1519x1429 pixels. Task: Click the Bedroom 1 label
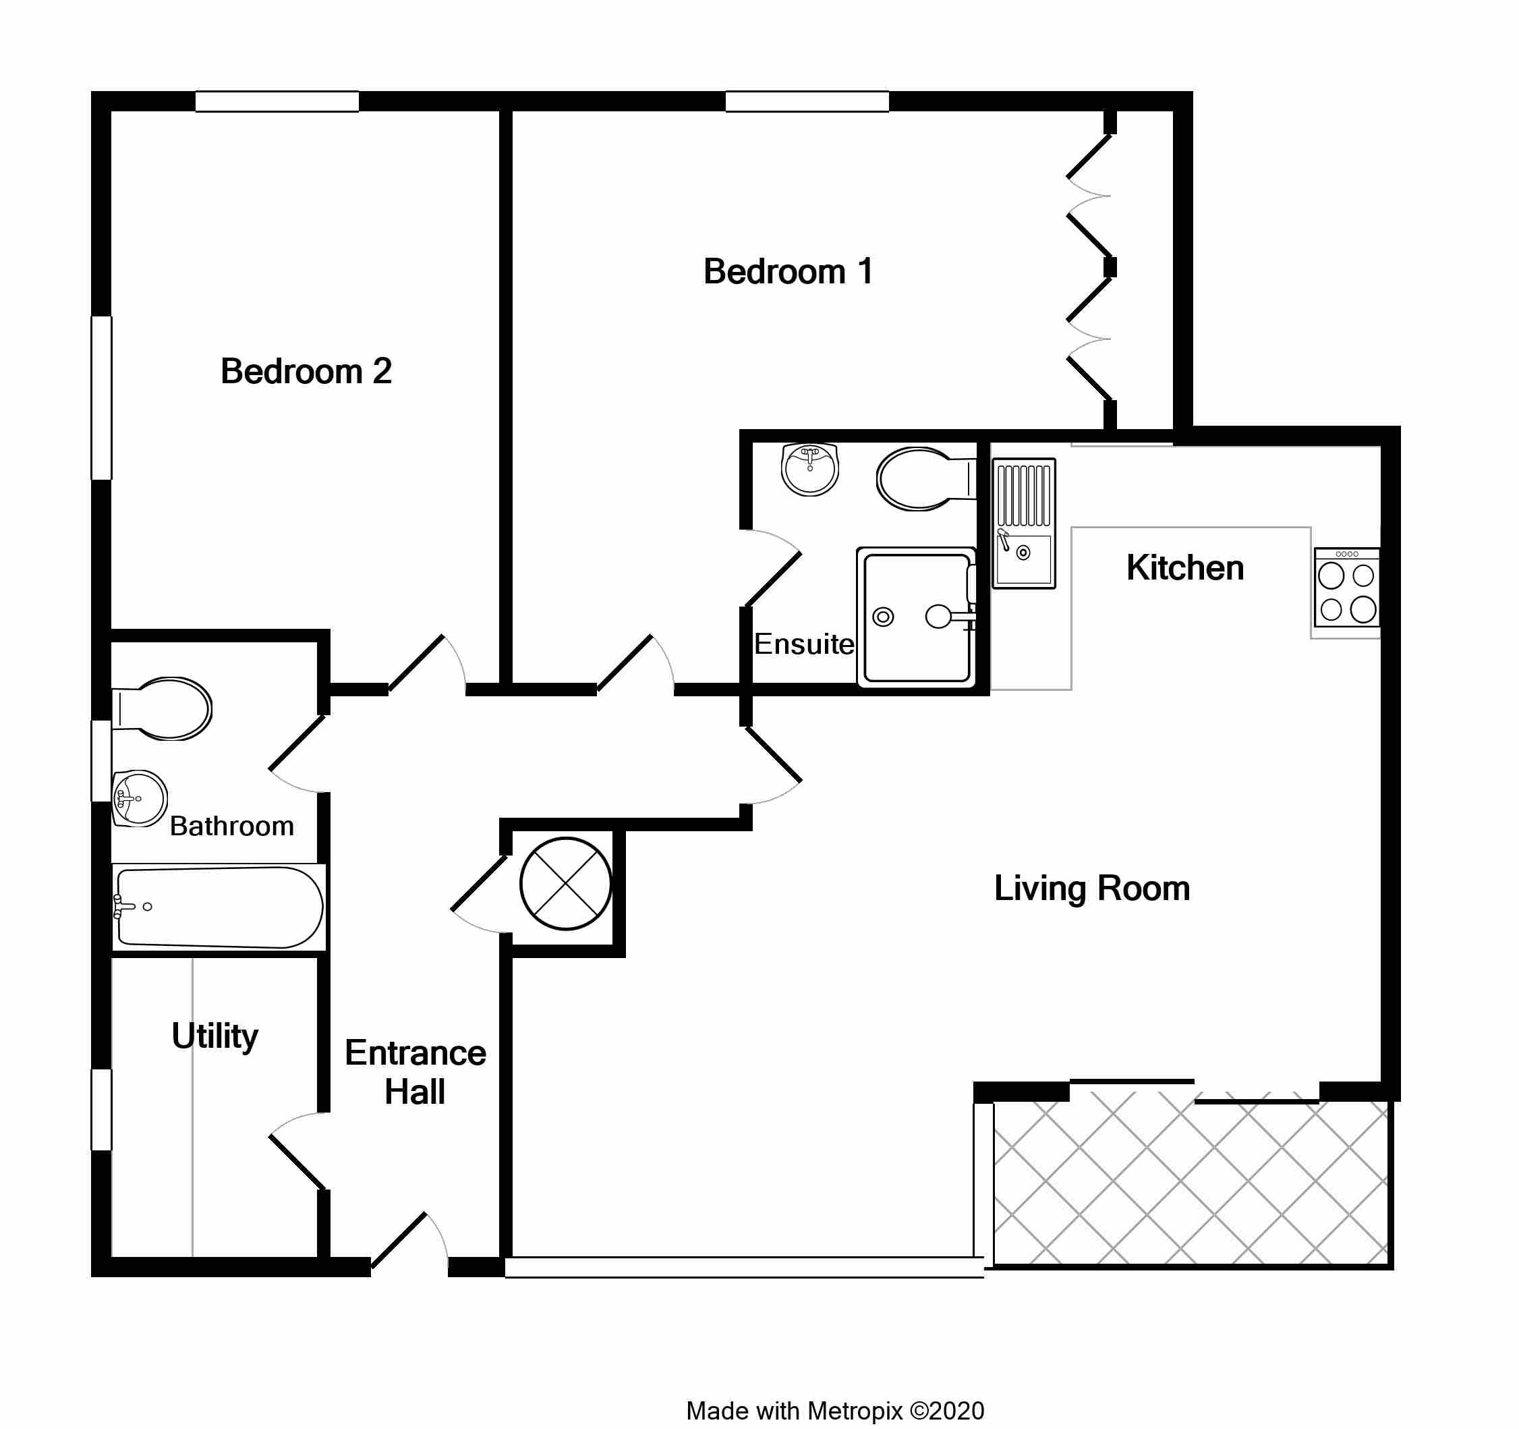tap(788, 272)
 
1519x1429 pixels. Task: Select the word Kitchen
tap(1185, 569)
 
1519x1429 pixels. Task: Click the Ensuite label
tap(804, 645)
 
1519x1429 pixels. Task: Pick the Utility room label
tap(214, 1038)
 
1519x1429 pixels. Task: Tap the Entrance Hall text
tap(415, 1073)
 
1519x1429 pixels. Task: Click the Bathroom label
tap(231, 826)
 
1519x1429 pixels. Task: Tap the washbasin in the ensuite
tap(810, 469)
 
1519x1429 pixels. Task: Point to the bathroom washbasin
tap(140, 800)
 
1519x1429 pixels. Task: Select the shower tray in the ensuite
tap(916, 617)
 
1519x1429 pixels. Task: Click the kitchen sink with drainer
tap(1023, 524)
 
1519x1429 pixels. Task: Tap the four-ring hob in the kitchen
tap(1347, 588)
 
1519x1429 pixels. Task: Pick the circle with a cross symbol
tap(565, 884)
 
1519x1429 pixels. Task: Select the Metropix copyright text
tap(835, 1411)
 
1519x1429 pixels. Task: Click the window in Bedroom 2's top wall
tap(277, 102)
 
